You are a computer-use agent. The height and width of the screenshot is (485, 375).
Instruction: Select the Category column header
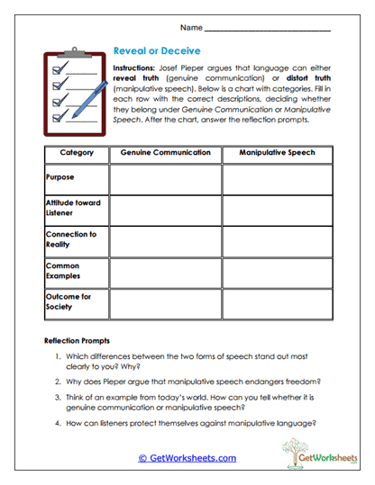click(76, 153)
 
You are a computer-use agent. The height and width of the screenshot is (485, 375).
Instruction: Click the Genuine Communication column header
click(166, 153)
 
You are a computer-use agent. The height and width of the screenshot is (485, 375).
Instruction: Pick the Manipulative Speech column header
click(278, 153)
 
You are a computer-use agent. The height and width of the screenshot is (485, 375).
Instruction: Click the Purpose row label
click(59, 177)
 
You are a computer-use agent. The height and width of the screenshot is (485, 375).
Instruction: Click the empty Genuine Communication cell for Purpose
click(166, 179)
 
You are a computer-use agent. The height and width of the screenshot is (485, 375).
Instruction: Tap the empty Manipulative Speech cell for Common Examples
click(278, 273)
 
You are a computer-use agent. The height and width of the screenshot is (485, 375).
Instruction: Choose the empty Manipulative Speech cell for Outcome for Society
click(278, 304)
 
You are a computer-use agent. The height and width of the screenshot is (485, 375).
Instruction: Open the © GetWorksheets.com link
click(187, 458)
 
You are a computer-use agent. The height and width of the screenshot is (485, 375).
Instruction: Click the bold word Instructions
click(135, 68)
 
